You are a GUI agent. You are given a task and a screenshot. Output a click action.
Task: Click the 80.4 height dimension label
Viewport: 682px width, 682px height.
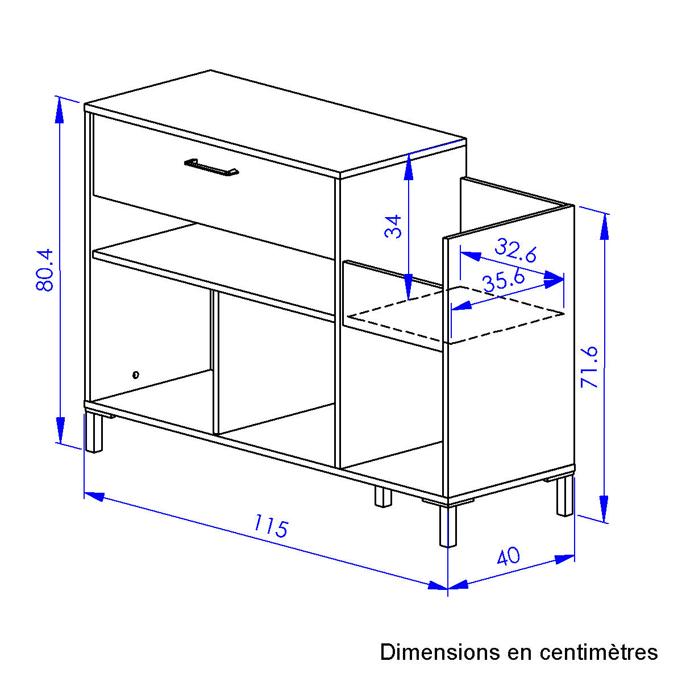[44, 270]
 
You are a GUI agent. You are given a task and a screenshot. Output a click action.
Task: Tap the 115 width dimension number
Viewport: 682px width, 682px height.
[271, 526]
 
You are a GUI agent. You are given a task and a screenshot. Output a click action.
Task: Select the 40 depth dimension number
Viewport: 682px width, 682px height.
[508, 556]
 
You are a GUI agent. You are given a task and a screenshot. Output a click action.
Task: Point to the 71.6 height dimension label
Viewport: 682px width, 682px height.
[589, 367]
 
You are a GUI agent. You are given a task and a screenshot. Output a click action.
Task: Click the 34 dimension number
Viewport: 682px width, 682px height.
[393, 227]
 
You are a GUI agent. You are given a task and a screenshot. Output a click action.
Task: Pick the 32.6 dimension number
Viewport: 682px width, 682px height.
[515, 251]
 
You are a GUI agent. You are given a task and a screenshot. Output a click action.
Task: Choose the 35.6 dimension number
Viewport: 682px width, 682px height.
[504, 281]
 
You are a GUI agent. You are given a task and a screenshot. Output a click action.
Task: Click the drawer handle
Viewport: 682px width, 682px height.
[211, 167]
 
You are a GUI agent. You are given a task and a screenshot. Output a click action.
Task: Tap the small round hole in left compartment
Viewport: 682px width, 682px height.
[136, 375]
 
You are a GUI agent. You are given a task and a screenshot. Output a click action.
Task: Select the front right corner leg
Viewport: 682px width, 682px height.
[448, 526]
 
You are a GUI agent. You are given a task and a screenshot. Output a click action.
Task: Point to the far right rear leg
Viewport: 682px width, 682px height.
[564, 497]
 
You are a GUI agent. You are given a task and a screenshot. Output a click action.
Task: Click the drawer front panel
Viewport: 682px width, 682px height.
[214, 186]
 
